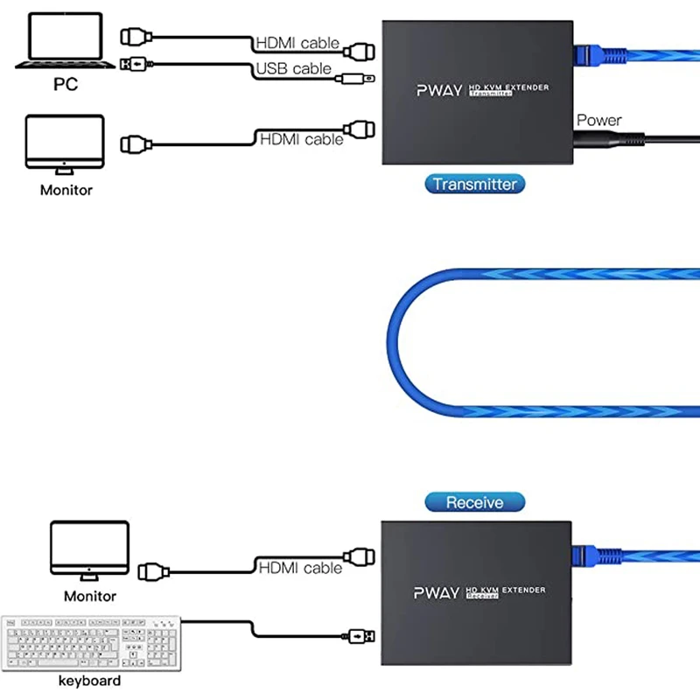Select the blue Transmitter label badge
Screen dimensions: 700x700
point(475,184)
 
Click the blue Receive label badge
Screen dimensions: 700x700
point(475,502)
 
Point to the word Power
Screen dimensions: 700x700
point(598,120)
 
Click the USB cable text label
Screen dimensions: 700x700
point(293,68)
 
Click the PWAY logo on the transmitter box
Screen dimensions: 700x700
point(437,89)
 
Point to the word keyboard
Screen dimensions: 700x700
point(89,680)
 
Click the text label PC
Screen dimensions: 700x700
point(65,85)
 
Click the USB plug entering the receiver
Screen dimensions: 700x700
point(361,633)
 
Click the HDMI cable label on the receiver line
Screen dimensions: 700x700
point(300,568)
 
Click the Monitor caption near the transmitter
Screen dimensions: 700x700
point(66,189)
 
